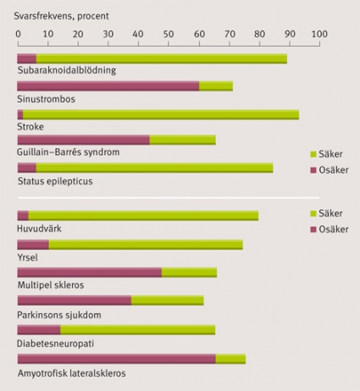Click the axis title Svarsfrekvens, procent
(61, 16)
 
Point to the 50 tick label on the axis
(169, 34)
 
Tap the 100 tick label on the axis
(319, 34)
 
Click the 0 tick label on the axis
(18, 34)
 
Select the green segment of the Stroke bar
(161, 115)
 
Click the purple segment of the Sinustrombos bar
(108, 86)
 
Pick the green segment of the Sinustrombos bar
(216, 86)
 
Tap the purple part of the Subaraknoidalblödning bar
(27, 58)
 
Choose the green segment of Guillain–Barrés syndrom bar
(183, 140)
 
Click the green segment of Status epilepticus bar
(154, 168)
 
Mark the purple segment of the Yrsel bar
(33, 245)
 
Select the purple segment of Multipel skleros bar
(90, 273)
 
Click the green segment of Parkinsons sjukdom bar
(168, 300)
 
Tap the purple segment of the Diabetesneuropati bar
(39, 330)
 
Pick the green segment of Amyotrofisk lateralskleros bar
(230, 359)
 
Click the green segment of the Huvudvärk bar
(143, 216)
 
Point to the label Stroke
(30, 126)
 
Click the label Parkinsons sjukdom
(59, 315)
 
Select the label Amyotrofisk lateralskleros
(72, 373)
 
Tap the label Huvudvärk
(39, 229)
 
